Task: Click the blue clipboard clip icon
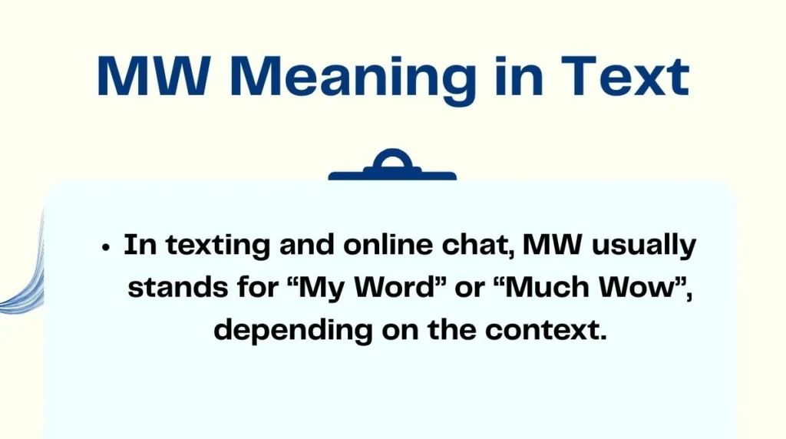[392, 167]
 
